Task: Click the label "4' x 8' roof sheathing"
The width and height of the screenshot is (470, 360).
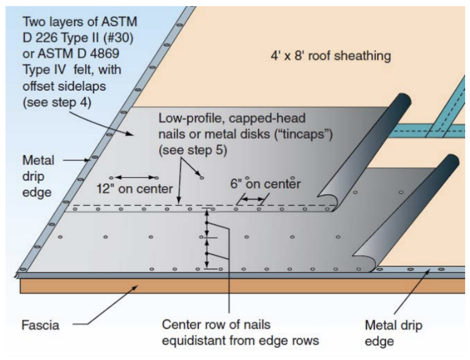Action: click(x=330, y=56)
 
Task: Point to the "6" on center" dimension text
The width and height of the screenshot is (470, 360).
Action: click(x=266, y=184)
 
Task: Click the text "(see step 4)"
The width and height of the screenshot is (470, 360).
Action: click(x=56, y=102)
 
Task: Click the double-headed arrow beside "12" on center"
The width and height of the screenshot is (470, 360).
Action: click(x=133, y=178)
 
